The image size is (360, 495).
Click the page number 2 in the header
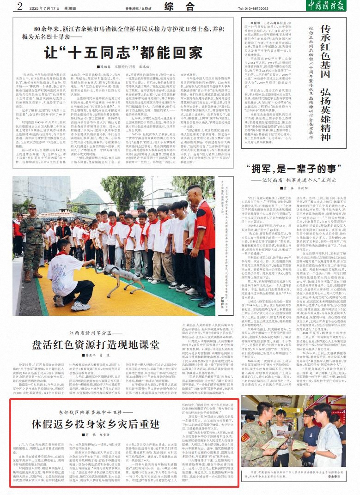click(x=19, y=6)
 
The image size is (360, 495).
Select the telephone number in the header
click(x=254, y=8)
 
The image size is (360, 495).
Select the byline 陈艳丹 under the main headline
click(x=80, y=66)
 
